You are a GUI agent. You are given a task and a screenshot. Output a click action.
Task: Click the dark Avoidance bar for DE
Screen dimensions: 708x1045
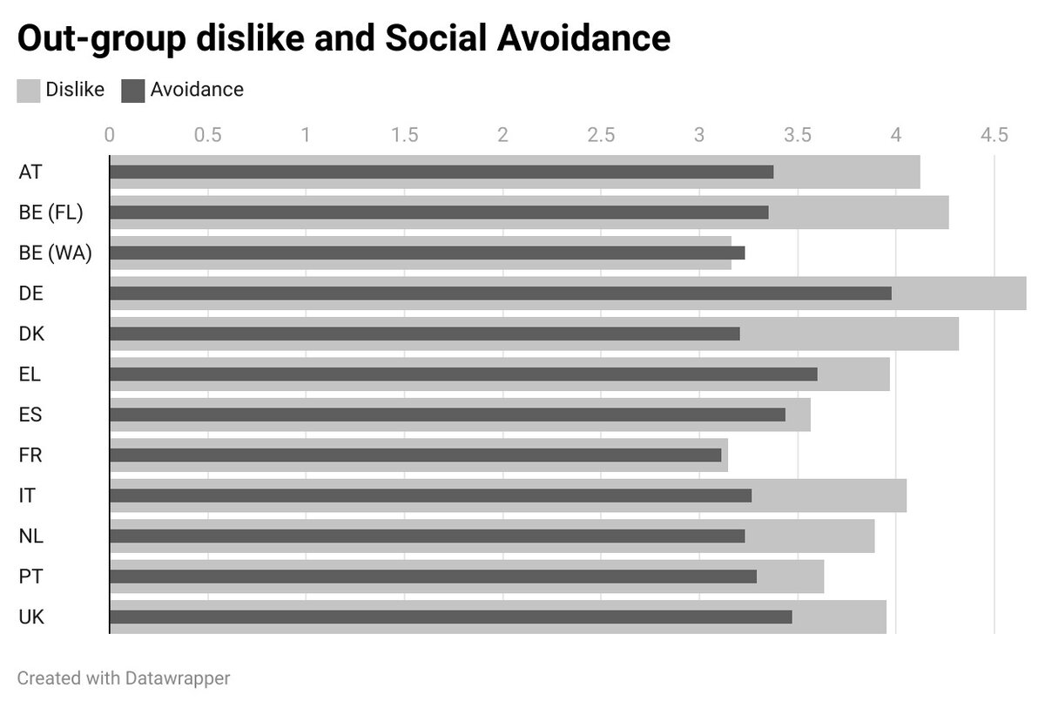click(500, 293)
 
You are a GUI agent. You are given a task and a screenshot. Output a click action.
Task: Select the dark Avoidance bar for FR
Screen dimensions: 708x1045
click(415, 455)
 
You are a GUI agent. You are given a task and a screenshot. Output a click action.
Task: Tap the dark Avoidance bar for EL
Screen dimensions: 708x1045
click(463, 374)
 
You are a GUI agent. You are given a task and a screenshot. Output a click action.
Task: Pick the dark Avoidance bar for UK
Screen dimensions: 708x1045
click(450, 617)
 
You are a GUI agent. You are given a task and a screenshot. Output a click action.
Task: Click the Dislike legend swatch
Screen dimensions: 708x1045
click(28, 91)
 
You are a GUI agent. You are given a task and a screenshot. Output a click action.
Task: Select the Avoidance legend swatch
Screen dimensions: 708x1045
click(132, 91)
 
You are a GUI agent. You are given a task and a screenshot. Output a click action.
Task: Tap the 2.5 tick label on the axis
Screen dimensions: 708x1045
click(601, 135)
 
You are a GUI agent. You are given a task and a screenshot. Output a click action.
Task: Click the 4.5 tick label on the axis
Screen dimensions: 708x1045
click(994, 135)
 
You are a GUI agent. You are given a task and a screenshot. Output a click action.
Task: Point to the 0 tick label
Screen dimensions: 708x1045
click(109, 135)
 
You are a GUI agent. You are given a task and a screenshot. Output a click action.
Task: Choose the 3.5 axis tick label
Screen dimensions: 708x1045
click(798, 135)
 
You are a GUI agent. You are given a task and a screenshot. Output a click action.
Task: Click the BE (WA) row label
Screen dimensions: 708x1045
click(55, 253)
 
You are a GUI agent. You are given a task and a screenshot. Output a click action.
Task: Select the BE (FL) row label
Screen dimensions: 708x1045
click(51, 212)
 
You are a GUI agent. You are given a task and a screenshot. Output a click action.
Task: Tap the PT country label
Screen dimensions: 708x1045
click(30, 577)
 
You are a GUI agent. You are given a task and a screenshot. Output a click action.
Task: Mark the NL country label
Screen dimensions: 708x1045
click(30, 536)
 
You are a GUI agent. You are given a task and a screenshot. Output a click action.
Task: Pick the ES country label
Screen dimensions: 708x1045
click(30, 415)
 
